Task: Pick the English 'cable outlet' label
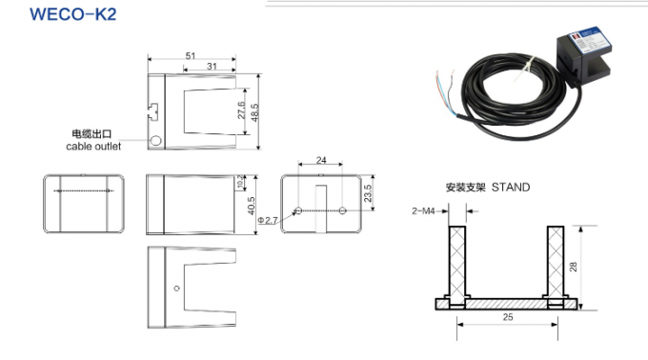tap(92, 147)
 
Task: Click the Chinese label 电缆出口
tap(92, 134)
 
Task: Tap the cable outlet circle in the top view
tap(156, 141)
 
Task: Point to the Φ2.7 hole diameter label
tap(271, 220)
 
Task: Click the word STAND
tap(510, 188)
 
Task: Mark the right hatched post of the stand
tap(556, 262)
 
